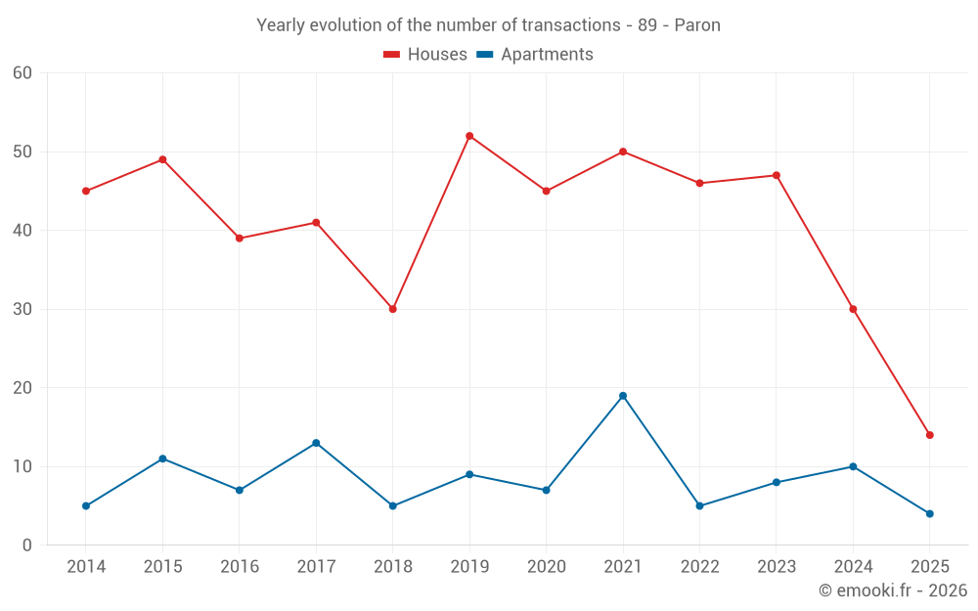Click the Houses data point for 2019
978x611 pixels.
click(x=469, y=136)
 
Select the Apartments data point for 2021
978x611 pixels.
click(x=623, y=396)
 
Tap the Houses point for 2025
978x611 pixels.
click(x=930, y=435)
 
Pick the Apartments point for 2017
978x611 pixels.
click(x=316, y=443)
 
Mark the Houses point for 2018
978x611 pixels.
click(x=393, y=309)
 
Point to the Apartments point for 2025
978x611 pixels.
click(x=930, y=513)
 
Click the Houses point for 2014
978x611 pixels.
click(x=86, y=191)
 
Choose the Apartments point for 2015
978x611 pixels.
click(x=162, y=458)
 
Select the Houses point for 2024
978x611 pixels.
click(x=853, y=309)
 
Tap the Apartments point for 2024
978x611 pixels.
click(x=853, y=466)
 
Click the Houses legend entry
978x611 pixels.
click(x=425, y=55)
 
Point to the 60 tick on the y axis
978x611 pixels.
click(x=22, y=73)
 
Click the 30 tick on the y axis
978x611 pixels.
click(x=22, y=309)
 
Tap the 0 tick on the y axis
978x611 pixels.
click(x=27, y=546)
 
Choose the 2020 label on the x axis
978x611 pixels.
click(x=546, y=567)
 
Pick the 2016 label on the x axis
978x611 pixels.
click(x=240, y=567)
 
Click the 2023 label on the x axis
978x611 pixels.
click(x=777, y=567)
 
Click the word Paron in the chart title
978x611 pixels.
click(x=697, y=25)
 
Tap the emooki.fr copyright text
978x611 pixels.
click(x=893, y=590)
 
